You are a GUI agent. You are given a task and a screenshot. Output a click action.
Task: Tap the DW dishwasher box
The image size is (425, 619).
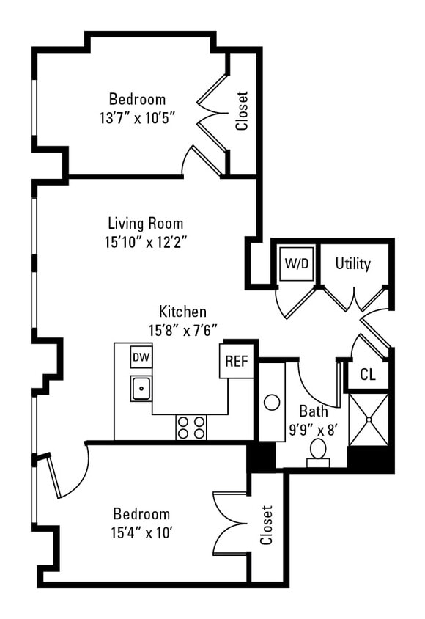click(141, 358)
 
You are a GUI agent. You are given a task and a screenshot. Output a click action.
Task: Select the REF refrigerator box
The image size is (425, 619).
click(236, 362)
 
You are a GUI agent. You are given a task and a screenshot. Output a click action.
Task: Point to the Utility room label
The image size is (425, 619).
click(353, 264)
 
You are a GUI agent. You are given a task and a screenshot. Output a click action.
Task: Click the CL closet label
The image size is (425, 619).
click(368, 376)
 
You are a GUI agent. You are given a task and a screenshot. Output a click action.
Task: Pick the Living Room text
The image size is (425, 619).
click(146, 223)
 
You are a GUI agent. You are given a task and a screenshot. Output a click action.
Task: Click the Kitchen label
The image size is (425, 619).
click(182, 312)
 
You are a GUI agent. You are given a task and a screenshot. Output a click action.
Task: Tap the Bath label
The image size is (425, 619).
click(313, 411)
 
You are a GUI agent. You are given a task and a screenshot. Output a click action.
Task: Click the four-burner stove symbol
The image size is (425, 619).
click(191, 428)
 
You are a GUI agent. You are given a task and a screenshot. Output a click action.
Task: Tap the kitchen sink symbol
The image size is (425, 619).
click(141, 388)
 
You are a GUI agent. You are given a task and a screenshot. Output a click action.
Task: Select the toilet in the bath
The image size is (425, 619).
click(318, 451)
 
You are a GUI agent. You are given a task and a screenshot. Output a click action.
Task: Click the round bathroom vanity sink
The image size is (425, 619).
click(272, 402)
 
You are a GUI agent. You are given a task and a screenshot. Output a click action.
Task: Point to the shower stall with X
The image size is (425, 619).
click(368, 420)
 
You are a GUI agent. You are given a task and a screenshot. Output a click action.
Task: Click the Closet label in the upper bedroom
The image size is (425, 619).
click(242, 111)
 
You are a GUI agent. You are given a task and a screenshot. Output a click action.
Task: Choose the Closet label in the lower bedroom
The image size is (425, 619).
click(267, 525)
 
